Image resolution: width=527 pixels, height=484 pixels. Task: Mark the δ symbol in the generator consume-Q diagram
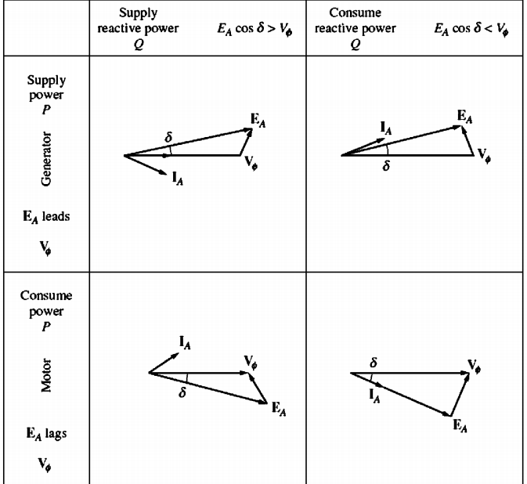(385, 165)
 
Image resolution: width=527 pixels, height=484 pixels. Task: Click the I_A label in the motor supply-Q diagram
(186, 341)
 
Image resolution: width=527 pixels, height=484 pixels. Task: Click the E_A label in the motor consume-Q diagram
(460, 424)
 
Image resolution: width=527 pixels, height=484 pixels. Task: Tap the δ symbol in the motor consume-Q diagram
(373, 363)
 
